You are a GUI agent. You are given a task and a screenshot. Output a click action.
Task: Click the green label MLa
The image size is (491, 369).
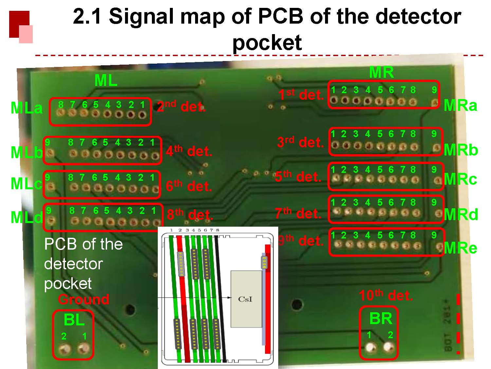[27, 108]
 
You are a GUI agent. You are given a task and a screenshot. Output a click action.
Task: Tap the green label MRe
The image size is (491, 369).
[461, 248]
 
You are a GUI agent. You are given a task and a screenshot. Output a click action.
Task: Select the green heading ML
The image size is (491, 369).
[106, 80]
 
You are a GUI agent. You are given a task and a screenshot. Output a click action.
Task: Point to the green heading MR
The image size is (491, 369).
[381, 72]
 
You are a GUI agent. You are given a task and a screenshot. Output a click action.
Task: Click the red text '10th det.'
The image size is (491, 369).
[386, 296]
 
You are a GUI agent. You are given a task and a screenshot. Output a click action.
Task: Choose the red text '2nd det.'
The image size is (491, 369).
[181, 107]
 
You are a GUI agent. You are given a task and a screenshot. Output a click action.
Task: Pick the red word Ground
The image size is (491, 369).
[84, 299]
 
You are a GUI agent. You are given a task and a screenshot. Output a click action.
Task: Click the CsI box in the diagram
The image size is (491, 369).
[246, 299]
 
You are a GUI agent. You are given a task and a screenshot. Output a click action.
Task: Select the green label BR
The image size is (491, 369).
[380, 318]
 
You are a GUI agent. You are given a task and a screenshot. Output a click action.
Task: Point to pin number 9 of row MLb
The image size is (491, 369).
[50, 153]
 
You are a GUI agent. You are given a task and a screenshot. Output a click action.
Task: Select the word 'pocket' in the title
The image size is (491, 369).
[267, 43]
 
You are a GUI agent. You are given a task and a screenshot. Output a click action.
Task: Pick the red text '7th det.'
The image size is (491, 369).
[298, 214]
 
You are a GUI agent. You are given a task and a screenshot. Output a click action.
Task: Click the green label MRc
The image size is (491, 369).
[460, 179]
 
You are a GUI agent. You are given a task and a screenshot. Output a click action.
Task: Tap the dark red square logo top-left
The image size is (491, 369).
[19, 24]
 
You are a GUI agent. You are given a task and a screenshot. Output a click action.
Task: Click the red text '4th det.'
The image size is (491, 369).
[189, 151]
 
